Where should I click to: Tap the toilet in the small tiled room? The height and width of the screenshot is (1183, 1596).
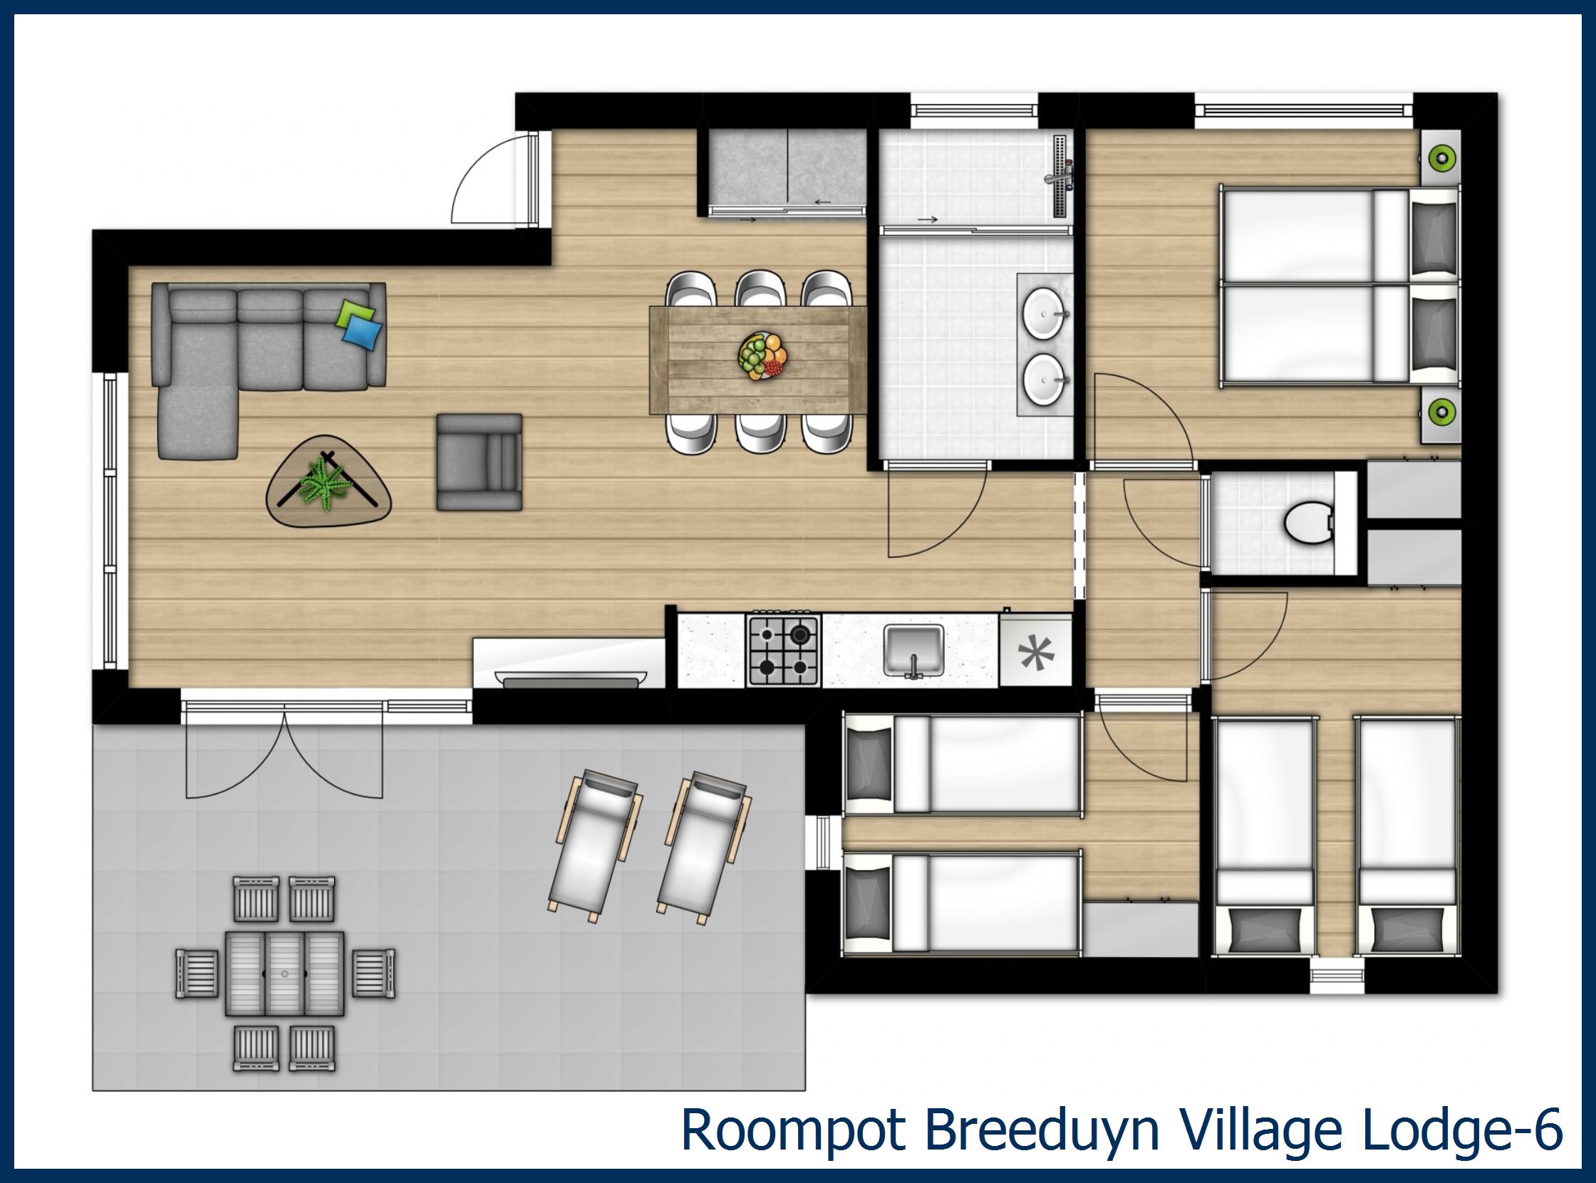click(x=1305, y=523)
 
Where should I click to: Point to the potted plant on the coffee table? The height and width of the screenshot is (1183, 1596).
click(x=326, y=482)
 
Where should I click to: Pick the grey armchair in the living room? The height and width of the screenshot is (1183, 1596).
click(x=480, y=462)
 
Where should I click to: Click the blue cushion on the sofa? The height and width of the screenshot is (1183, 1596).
click(x=363, y=332)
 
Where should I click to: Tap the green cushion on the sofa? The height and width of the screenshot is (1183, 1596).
click(x=356, y=312)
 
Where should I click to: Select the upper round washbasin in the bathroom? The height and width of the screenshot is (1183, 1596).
click(x=1045, y=313)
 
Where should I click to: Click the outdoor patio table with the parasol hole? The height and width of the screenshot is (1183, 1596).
click(x=284, y=973)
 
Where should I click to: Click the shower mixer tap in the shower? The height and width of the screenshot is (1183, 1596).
click(x=1061, y=176)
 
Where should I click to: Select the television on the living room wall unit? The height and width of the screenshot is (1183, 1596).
click(x=570, y=679)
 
